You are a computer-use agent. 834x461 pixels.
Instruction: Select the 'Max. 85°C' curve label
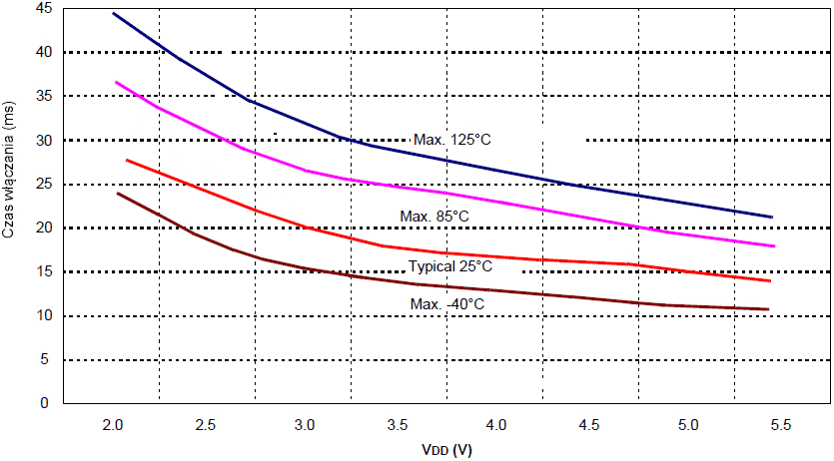pyautogui.click(x=434, y=217)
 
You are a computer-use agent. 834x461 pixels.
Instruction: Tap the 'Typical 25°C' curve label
pyautogui.click(x=450, y=266)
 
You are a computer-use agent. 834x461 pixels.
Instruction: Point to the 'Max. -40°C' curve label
pyautogui.click(x=446, y=303)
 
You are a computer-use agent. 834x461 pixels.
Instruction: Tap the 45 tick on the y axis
pyautogui.click(x=42, y=8)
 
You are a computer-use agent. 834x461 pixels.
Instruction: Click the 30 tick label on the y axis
pyautogui.click(x=42, y=140)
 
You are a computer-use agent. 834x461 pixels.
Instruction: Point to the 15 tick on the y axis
pyautogui.click(x=42, y=271)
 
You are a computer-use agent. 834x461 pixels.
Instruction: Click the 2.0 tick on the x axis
pyautogui.click(x=113, y=426)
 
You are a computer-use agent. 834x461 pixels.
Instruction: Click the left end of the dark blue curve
pyautogui.click(x=113, y=13)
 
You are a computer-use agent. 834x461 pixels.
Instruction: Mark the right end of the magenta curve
pyautogui.click(x=774, y=245)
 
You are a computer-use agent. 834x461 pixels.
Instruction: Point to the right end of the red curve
pyautogui.click(x=770, y=281)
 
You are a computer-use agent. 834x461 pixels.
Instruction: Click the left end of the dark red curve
pyautogui.click(x=118, y=193)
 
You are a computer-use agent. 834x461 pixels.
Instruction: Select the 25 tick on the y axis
pyautogui.click(x=42, y=184)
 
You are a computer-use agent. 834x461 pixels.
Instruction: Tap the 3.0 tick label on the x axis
pyautogui.click(x=305, y=426)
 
